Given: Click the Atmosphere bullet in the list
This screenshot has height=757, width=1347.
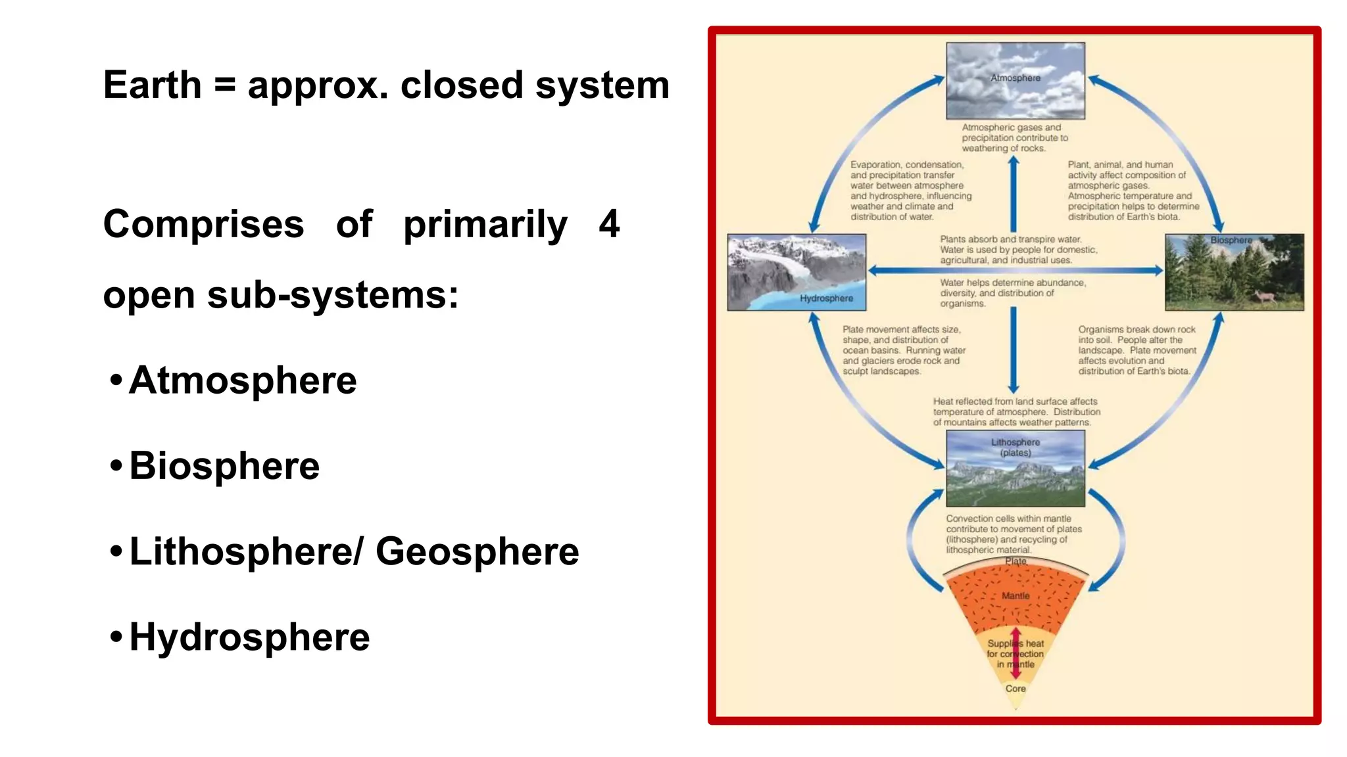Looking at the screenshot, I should coord(242,380).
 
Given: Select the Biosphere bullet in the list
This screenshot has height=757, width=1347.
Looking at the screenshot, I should coord(224,466).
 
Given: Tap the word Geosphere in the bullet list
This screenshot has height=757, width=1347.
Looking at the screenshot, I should coord(477,551).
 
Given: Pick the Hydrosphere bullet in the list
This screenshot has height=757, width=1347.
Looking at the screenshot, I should coord(249,637).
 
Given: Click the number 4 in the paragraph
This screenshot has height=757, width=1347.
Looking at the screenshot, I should coord(609,224).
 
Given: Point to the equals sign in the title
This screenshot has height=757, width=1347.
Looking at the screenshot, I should coord(224,86).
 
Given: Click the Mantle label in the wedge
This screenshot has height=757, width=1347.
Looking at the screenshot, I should coord(1016,596).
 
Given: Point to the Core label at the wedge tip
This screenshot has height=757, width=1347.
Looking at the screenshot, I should coord(1015,689).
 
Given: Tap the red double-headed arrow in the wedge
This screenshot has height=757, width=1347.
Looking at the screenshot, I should coord(1016,653).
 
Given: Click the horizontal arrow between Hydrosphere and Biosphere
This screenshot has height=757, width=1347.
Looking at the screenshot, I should coord(1015,270).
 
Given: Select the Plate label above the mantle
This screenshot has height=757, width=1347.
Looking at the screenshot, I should coord(1016,561).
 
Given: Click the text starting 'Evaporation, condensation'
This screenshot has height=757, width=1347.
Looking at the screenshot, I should coord(910,191).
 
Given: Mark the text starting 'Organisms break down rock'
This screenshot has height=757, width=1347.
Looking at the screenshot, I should coord(1137,350).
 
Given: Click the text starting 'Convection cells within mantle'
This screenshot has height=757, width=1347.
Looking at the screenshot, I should coord(1013,534).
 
